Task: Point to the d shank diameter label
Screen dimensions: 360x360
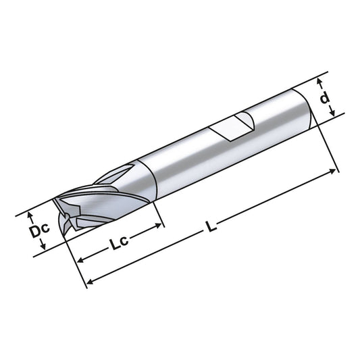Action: [326, 99]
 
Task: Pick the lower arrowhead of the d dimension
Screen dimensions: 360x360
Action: [331, 115]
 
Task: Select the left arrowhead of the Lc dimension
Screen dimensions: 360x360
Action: [79, 260]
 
